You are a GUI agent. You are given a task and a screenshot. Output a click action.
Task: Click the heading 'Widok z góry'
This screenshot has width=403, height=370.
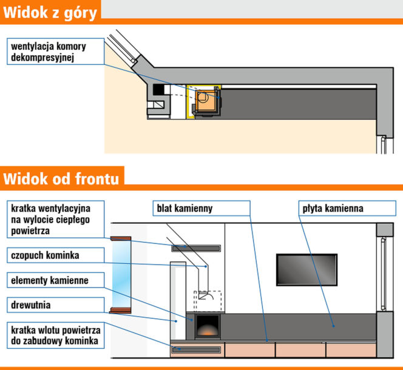click(x=50, y=13)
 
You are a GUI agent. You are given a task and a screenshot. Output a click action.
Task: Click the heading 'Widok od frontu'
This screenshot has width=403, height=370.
click(x=61, y=178)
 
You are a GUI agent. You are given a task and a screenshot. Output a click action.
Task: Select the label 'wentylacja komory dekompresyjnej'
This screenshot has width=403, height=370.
click(x=49, y=52)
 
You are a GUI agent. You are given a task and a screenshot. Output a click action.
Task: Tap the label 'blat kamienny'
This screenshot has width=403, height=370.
click(x=185, y=209)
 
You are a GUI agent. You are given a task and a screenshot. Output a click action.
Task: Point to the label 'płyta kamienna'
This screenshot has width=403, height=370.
click(x=333, y=209)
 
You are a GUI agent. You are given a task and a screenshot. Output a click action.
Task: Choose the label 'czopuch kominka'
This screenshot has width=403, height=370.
click(x=45, y=255)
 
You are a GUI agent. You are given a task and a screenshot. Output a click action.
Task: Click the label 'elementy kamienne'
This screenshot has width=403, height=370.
click(x=50, y=280)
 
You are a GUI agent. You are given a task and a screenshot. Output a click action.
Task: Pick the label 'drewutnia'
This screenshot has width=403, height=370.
click(x=30, y=305)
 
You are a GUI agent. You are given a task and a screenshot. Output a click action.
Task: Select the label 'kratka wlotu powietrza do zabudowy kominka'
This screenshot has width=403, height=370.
click(x=55, y=335)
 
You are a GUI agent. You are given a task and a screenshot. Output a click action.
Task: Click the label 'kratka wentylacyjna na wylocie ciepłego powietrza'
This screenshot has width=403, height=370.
click(x=50, y=220)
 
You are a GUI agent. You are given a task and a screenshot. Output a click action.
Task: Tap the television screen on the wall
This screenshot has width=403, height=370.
click(x=306, y=270)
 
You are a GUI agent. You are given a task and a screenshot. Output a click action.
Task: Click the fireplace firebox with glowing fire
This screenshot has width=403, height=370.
click(x=208, y=326)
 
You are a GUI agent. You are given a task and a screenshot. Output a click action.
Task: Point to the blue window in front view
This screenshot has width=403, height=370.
click(x=121, y=275)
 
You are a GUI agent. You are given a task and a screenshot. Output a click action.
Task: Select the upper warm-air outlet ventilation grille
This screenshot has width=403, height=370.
click(x=196, y=248)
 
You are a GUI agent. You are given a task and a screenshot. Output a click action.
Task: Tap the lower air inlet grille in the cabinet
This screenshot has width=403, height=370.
click(x=196, y=349)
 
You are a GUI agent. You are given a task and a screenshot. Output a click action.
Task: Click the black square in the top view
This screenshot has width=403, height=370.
click(x=158, y=89)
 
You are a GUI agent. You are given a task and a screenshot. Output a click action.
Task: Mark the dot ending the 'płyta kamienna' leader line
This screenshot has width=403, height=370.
click(x=333, y=326)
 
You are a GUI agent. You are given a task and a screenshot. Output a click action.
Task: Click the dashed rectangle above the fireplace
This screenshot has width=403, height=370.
click(x=208, y=301)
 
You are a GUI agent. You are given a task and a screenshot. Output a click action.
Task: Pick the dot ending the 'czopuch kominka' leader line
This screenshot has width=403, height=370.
click(x=206, y=266)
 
